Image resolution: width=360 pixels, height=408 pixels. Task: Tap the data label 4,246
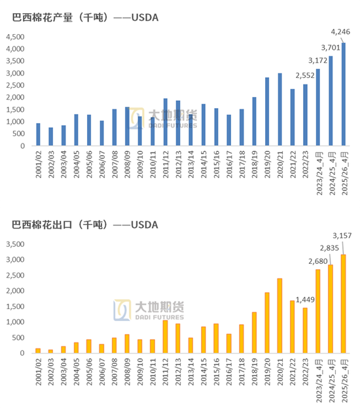point(341,31)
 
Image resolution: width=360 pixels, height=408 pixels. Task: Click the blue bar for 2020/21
point(279,109)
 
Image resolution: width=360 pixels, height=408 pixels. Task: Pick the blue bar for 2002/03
point(50,136)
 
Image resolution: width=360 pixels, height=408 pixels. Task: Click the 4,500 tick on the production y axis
point(16,37)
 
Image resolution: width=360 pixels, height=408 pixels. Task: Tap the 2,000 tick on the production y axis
point(16,98)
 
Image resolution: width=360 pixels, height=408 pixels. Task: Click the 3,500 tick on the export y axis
point(16,244)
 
